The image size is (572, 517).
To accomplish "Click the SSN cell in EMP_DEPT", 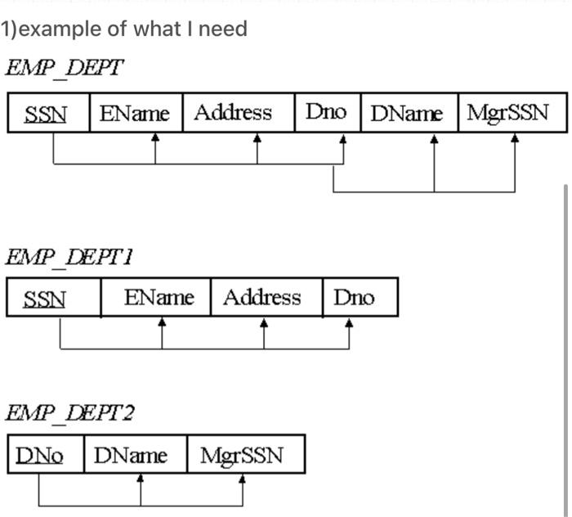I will [47, 114].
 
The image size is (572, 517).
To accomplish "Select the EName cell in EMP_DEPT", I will [135, 114].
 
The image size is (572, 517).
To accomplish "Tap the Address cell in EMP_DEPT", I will [238, 114].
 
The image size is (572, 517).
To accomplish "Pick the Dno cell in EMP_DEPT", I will [327, 114].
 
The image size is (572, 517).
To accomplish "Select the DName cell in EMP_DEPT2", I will [136, 455].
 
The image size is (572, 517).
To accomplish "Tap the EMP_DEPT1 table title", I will [70, 256].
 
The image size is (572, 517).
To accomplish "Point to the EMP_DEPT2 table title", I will [70, 413].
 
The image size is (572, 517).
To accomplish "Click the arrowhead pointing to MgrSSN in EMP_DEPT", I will [515, 139].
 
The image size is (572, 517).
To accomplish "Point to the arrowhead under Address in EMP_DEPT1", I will [263, 323].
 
